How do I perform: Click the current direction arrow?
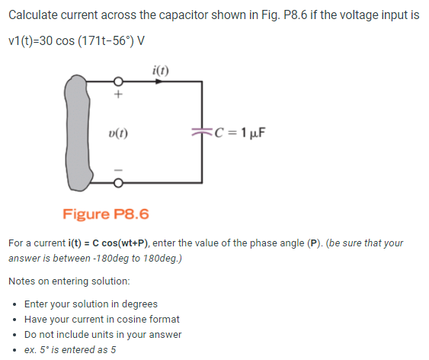(162, 84)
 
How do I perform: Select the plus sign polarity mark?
(118, 97)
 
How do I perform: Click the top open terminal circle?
(118, 84)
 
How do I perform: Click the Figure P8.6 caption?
(106, 214)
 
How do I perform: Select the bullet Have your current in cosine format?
(101, 319)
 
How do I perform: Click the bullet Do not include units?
(103, 334)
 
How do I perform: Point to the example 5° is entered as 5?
(70, 349)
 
